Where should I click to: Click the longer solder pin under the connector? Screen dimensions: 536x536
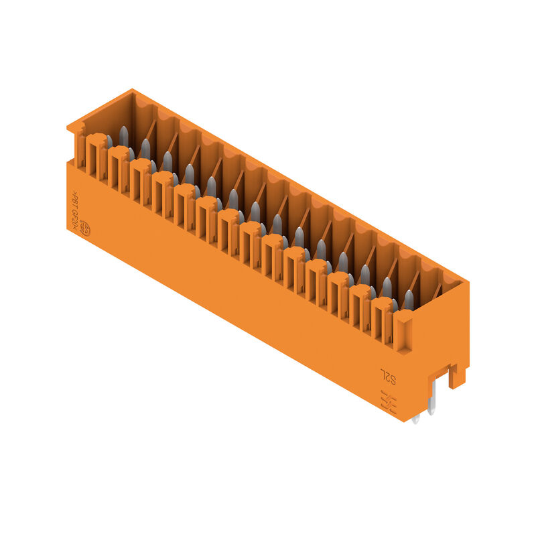click(x=431, y=401)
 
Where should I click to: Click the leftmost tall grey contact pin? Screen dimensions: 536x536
click(x=123, y=136)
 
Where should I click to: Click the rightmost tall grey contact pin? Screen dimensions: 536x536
click(x=408, y=300)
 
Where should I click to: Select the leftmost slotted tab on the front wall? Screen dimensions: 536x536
click(x=96, y=157)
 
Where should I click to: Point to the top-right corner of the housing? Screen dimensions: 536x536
click(x=467, y=283)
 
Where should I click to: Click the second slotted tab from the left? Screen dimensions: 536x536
click(x=119, y=169)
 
